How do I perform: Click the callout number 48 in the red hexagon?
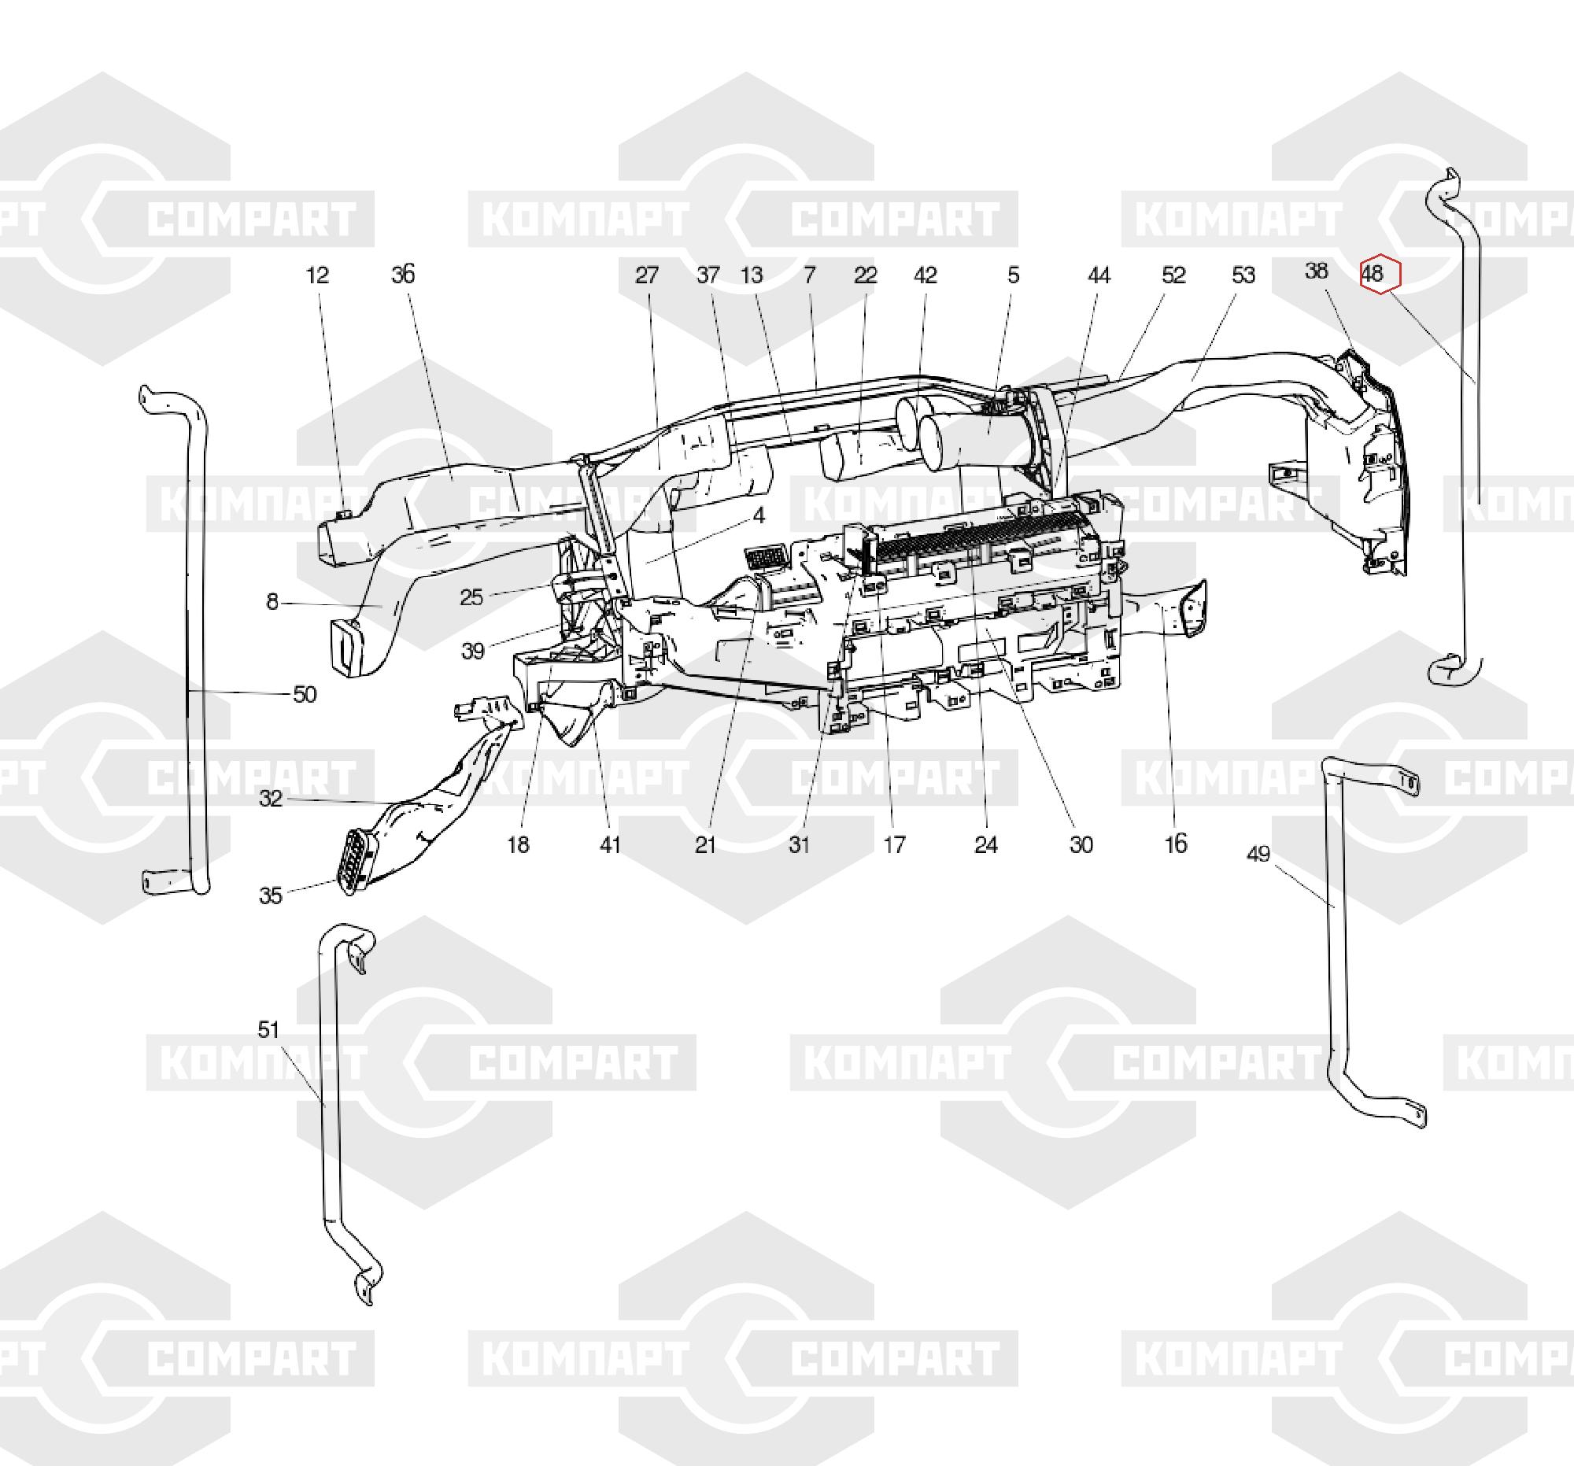[1372, 274]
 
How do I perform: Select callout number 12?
[317, 275]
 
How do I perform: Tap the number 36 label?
[403, 275]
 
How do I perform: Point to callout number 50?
[305, 694]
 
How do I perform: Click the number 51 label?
[268, 1029]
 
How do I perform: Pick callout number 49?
[1258, 853]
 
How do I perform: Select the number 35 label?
[271, 895]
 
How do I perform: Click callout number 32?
[271, 799]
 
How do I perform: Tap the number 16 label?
[1177, 844]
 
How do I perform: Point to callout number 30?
[1081, 844]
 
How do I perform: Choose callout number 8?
[272, 603]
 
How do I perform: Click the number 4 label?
[759, 516]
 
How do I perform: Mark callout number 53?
[1243, 275]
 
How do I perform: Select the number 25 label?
[471, 596]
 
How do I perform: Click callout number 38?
[1316, 271]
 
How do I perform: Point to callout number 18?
[518, 844]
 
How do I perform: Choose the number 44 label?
[1099, 275]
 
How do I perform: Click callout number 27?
[647, 275]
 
